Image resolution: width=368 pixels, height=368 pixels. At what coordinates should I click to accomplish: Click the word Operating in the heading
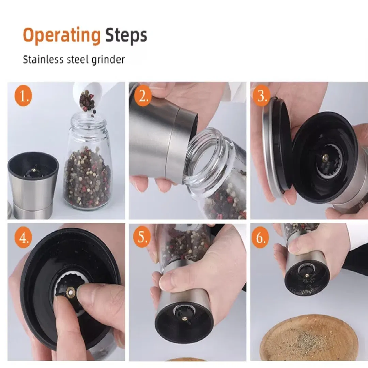tap(62, 36)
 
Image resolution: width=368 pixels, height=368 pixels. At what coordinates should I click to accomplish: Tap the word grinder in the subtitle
tap(108, 60)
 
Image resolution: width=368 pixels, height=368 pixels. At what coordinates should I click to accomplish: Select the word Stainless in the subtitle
tap(43, 59)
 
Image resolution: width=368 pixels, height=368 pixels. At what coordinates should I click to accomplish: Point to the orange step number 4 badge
tap(23, 237)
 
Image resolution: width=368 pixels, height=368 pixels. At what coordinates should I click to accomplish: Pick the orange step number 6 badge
tap(260, 237)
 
